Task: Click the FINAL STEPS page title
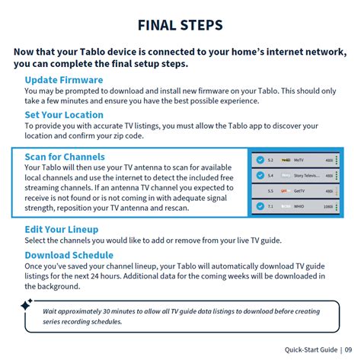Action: pyautogui.click(x=180, y=26)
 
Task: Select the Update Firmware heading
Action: pyautogui.click(x=64, y=80)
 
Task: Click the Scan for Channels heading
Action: pyautogui.click(x=65, y=157)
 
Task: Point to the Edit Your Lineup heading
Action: pyautogui.click(x=64, y=228)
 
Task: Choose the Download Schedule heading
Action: pyautogui.click(x=69, y=255)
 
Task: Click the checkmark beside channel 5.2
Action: pyautogui.click(x=260, y=161)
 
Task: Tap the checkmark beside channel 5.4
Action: pyautogui.click(x=260, y=175)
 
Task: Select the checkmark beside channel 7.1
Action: pyautogui.click(x=260, y=205)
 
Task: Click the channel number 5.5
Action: pyautogui.click(x=270, y=190)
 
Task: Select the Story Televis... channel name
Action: pyautogui.click(x=308, y=175)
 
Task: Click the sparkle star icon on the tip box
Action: pyautogui.click(x=26, y=304)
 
